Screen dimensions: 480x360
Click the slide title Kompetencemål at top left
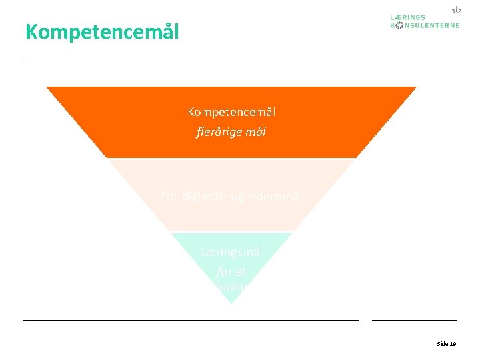[x=102, y=32]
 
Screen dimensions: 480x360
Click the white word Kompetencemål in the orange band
[x=231, y=112]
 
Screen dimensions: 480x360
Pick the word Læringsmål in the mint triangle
[x=231, y=252]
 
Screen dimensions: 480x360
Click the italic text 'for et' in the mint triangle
[x=231, y=272]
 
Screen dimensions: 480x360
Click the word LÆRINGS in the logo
[x=408, y=17]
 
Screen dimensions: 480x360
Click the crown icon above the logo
[x=457, y=10]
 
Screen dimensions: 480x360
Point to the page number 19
[x=453, y=344]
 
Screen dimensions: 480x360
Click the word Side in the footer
[x=442, y=344]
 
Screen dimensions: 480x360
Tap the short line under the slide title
[x=69, y=62]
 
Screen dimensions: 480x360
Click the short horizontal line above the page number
[x=414, y=320]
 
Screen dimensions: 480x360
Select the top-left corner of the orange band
[x=47, y=87]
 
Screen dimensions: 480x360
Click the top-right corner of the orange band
[x=416, y=87]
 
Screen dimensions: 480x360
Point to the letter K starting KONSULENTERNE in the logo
[x=393, y=25]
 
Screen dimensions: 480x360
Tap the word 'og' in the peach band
[x=238, y=197]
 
